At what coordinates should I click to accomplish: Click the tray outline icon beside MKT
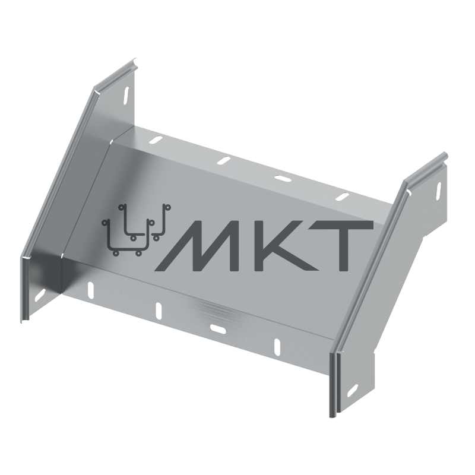137,230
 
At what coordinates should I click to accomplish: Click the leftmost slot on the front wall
90,290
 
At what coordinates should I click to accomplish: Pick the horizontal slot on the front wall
218,328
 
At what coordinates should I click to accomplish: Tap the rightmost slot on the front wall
277,347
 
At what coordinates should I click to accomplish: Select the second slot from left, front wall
159,311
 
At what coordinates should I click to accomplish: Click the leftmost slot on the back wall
156,140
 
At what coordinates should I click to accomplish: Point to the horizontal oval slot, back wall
282,179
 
